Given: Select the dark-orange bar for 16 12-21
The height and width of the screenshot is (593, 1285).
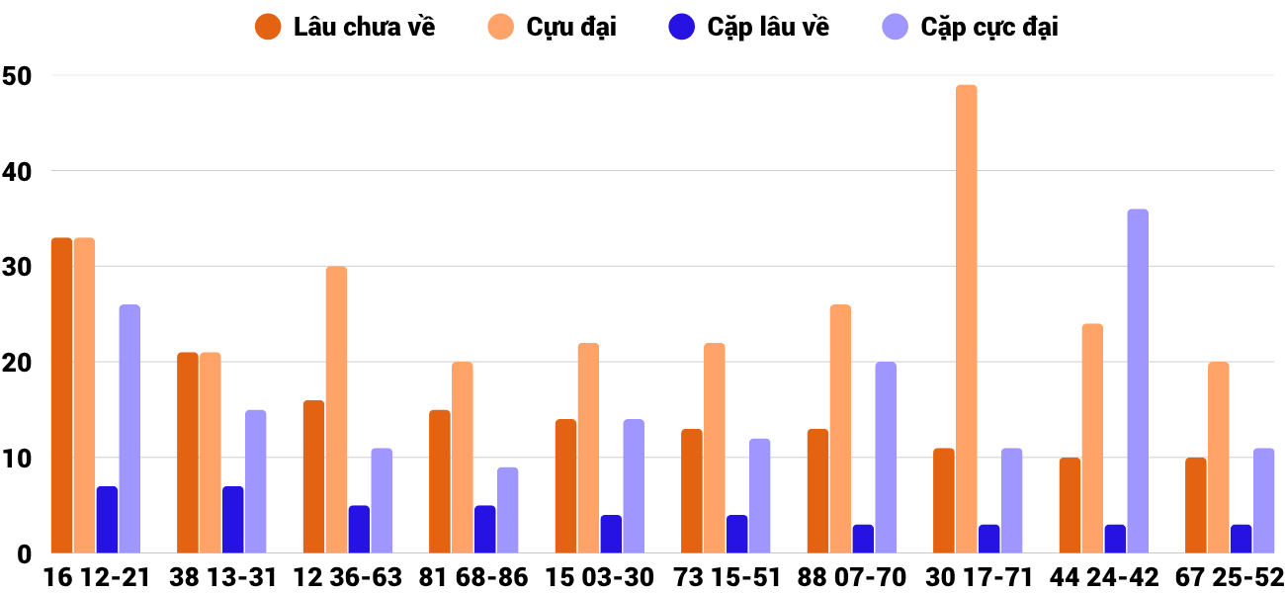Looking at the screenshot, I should tap(61, 395).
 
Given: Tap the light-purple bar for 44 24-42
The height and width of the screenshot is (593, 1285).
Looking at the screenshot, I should tap(1138, 381).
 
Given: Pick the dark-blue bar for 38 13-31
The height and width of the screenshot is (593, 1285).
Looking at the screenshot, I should tap(233, 520).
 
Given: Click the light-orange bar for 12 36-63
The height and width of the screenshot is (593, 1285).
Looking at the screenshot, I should tap(336, 410).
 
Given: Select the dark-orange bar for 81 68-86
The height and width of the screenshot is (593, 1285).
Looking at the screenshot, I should tap(440, 481).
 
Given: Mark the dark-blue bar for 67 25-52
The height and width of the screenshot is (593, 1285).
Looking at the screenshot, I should tap(1242, 539).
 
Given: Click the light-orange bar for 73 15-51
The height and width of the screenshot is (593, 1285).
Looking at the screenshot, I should tap(714, 448).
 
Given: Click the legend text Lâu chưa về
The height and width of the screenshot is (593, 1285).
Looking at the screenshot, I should tap(364, 27).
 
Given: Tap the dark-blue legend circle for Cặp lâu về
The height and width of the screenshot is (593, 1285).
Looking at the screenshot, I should tap(682, 27).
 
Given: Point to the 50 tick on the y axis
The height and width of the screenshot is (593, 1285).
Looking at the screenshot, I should tap(17, 75).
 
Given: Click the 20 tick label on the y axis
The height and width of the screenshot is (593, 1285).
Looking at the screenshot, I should tap(17, 363).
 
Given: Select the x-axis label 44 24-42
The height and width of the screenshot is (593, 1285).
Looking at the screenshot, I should tap(1106, 577).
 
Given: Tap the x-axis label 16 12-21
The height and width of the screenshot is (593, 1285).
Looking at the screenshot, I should tap(96, 577).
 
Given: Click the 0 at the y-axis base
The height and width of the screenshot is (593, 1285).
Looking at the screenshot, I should tap(24, 554).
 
